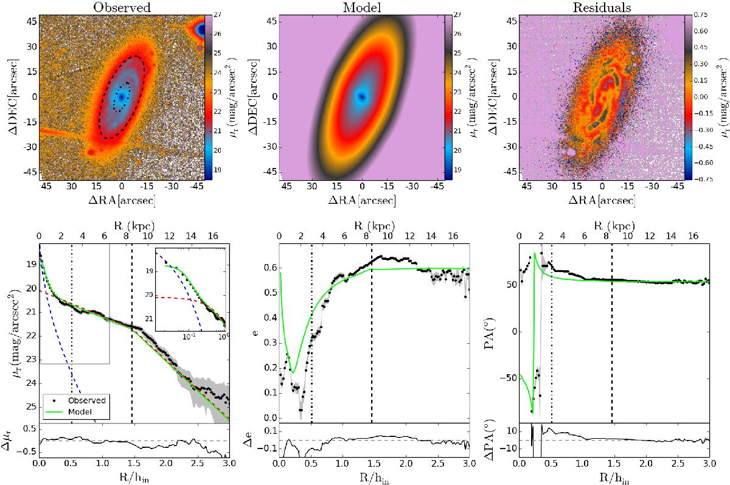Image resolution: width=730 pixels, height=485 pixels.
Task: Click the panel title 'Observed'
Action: [x=122, y=7]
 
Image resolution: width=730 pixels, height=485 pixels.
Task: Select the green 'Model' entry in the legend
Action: [x=77, y=411]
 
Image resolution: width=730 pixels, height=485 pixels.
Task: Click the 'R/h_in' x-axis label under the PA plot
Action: [x=613, y=479]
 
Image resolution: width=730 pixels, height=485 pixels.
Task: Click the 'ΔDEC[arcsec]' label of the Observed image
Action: [x=9, y=97]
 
